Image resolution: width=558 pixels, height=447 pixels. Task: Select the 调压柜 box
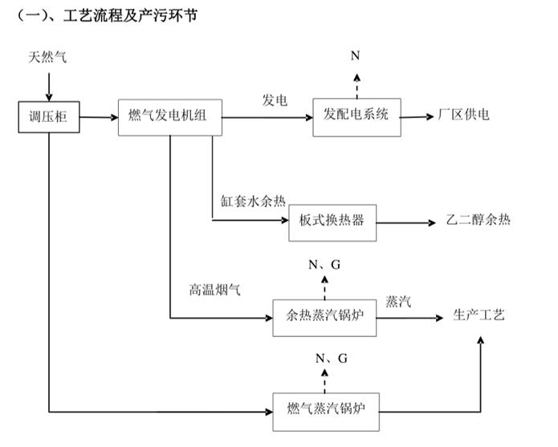(48, 117)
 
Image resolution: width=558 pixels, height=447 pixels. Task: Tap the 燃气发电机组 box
(168, 116)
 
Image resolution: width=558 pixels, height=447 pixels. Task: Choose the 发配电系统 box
(356, 116)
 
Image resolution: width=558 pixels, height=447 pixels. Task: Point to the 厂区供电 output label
(463, 115)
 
